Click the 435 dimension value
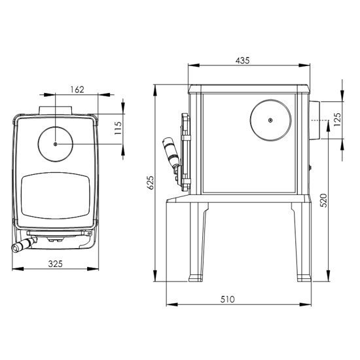[x=242, y=60]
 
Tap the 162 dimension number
[x=77, y=90]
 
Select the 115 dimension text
[x=118, y=128]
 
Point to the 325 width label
[x=56, y=264]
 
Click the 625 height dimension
[x=150, y=183]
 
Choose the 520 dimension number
[x=323, y=200]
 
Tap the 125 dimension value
[x=337, y=119]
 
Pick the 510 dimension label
[x=228, y=299]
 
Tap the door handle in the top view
[x=24, y=245]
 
